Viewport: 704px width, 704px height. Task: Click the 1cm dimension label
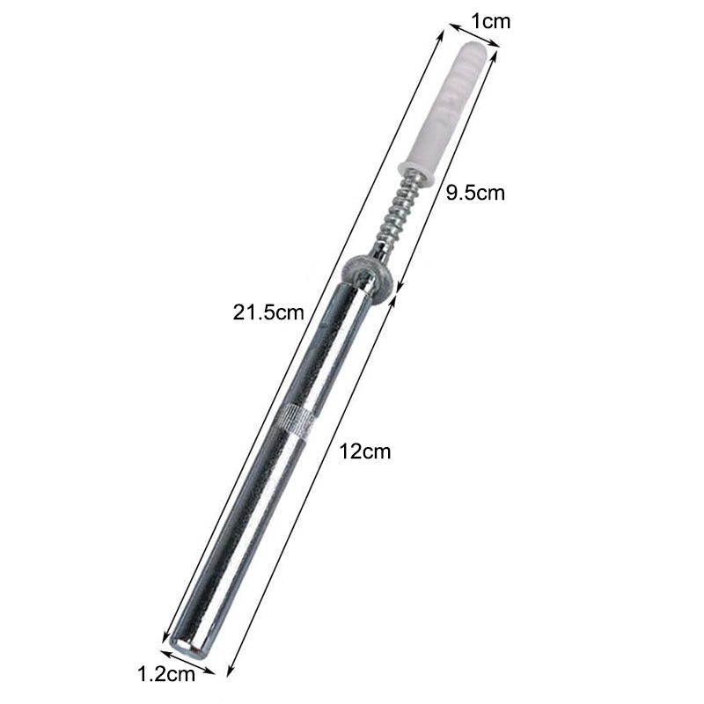[490, 21]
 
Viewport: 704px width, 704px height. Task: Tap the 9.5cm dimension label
[475, 193]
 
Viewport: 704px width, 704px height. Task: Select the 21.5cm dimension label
[268, 312]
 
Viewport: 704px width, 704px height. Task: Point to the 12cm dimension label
[364, 451]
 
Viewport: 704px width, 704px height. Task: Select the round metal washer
[368, 279]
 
